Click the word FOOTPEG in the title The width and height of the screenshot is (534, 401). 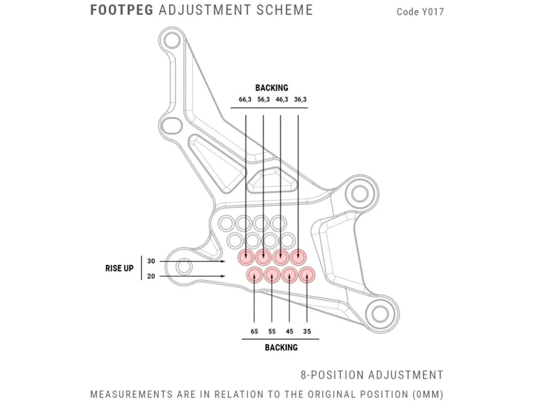(121, 10)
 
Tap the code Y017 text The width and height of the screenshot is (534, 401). (420, 12)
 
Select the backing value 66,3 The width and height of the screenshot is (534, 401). (245, 100)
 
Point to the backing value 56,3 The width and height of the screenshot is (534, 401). (263, 100)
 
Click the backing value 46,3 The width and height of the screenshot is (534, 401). (282, 100)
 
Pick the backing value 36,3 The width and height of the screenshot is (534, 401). (300, 100)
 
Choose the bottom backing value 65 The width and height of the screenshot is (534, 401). (254, 332)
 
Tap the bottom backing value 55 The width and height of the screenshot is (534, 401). (272, 332)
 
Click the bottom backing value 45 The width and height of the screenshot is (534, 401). (289, 332)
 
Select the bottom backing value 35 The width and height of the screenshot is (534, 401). (307, 332)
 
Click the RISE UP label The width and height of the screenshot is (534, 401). (119, 269)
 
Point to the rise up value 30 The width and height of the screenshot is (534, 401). (151, 261)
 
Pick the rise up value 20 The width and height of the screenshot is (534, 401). (151, 276)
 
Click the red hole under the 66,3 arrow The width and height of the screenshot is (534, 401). (246, 257)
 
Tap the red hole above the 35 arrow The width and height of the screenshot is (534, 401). (307, 275)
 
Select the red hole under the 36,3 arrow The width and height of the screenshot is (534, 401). (298, 257)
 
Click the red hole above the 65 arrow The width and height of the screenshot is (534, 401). (255, 275)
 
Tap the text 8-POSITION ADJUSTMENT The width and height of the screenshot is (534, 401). (372, 375)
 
